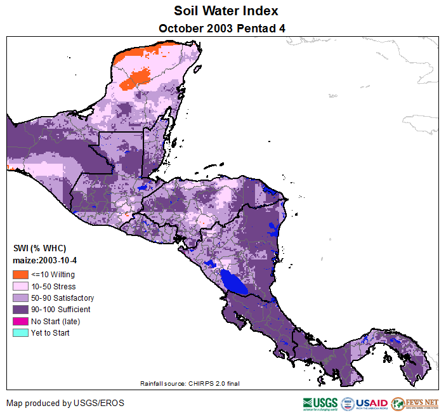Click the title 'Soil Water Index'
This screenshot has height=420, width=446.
click(226, 11)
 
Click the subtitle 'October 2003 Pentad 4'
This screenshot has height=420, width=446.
click(226, 28)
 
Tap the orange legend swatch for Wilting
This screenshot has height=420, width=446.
click(20, 275)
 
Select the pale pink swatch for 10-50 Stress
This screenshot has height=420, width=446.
click(20, 286)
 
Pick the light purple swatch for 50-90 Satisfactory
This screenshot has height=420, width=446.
click(20, 298)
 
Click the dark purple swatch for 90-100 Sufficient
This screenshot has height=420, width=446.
click(20, 310)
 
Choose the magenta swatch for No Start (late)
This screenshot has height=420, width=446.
click(20, 321)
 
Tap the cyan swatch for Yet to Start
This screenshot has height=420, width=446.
click(20, 332)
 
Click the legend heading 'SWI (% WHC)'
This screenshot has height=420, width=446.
click(39, 248)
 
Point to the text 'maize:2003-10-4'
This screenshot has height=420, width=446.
click(45, 260)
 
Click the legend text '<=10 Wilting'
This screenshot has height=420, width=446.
click(53, 275)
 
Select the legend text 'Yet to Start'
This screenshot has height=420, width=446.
click(50, 332)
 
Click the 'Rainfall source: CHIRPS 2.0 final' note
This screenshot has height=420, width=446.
click(190, 383)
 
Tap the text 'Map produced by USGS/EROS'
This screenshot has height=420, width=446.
click(65, 403)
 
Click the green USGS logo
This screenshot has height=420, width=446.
click(320, 404)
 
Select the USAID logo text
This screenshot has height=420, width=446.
click(371, 403)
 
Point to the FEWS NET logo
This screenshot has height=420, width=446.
click(415, 403)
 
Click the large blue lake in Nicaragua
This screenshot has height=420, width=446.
click(234, 281)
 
